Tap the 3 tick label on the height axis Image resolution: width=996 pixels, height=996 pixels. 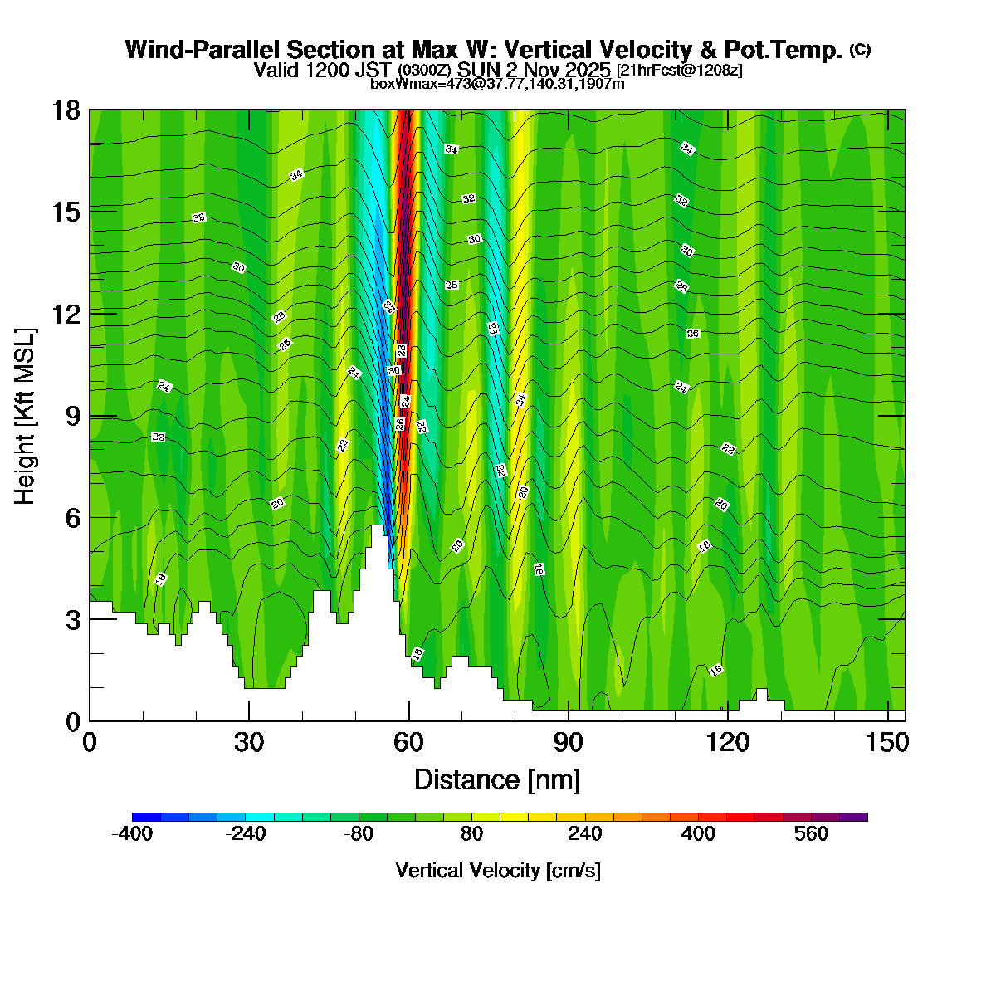[x=73, y=619]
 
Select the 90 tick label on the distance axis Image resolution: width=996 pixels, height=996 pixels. [x=569, y=743]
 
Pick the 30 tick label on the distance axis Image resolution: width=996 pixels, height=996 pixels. [x=249, y=743]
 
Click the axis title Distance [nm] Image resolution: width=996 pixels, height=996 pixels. [x=496, y=780]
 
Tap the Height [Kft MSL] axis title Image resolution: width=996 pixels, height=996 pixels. [x=26, y=416]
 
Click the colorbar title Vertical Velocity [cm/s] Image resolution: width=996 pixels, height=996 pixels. [x=498, y=871]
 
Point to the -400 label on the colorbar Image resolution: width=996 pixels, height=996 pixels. [x=132, y=834]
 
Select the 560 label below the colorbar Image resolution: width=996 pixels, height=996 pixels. [x=811, y=834]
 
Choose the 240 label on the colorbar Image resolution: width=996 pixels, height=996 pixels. [x=584, y=834]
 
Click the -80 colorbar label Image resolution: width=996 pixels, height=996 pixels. [x=359, y=834]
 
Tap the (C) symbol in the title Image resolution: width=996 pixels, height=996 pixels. [x=860, y=50]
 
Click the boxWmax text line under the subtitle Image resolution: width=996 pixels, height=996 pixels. [x=497, y=84]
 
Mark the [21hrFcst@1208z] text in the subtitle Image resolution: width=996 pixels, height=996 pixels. [x=680, y=71]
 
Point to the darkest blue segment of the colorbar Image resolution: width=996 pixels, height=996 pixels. [x=146, y=817]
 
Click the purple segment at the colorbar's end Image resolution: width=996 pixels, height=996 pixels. [x=853, y=817]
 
